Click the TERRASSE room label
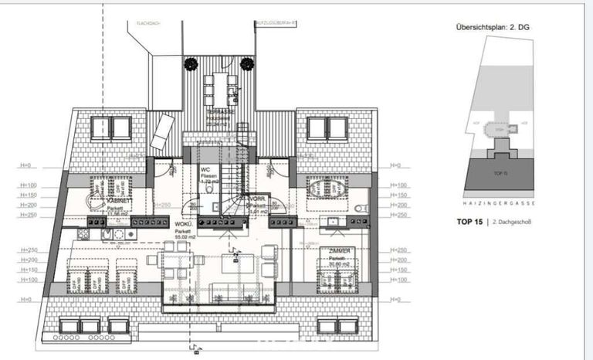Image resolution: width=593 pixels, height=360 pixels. pyautogui.click(x=219, y=112)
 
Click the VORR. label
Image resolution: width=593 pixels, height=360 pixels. pyautogui.click(x=258, y=199)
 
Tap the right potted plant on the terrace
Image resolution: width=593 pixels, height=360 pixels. pyautogui.click(x=246, y=63)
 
